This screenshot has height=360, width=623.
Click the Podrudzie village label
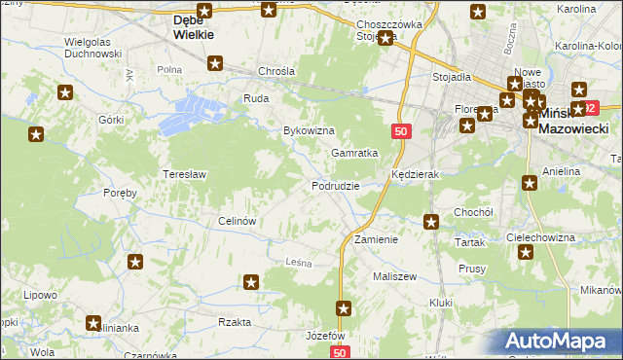pyautogui.click(x=336, y=185)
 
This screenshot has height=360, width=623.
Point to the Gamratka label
pyautogui.click(x=353, y=153)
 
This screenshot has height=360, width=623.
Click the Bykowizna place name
pyautogui.click(x=309, y=129)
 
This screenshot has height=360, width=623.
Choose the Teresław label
pyautogui.click(x=182, y=174)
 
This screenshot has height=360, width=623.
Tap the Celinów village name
pyautogui.click(x=237, y=220)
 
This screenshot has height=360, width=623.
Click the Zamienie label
pyautogui.click(x=376, y=238)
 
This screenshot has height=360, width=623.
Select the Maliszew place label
pyautogui.click(x=394, y=276)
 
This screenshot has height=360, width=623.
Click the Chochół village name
pyautogui.click(x=474, y=211)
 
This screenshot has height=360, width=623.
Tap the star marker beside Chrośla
pyautogui.click(x=215, y=64)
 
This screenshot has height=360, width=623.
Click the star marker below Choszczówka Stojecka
pyautogui.click(x=386, y=38)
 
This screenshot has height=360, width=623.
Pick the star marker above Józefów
pyautogui.click(x=344, y=308)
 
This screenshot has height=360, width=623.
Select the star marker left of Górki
pyautogui.click(x=65, y=93)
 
